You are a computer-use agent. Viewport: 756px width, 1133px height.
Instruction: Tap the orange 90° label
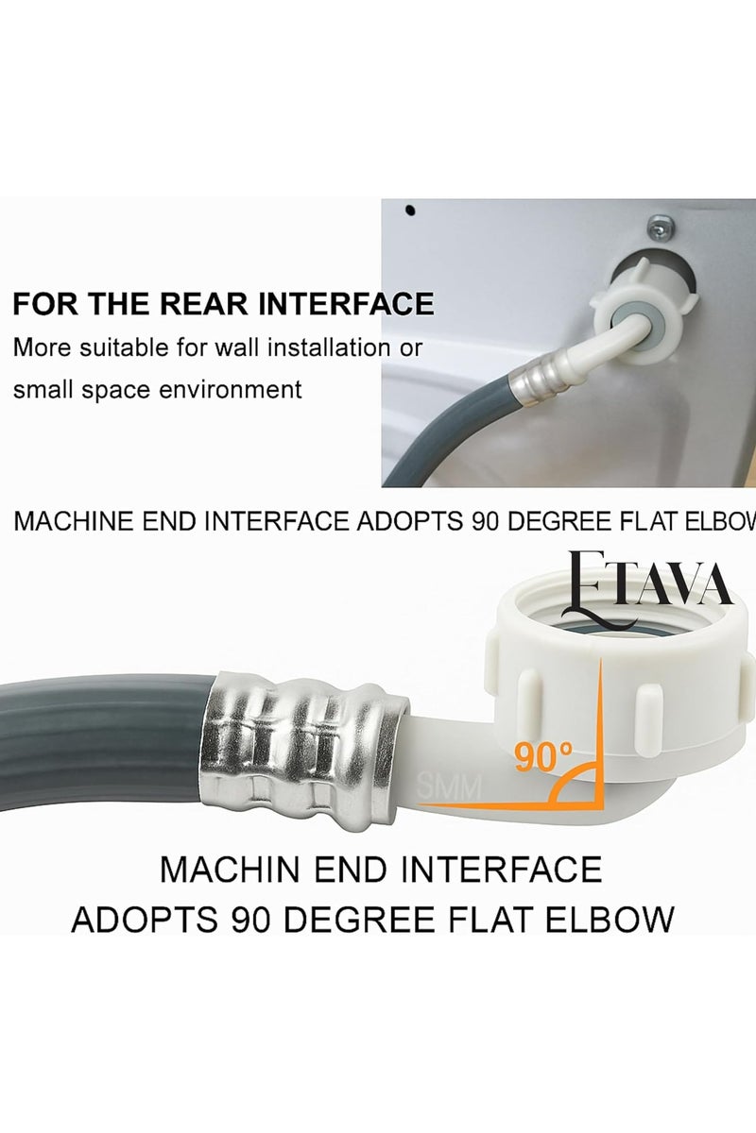[543, 755]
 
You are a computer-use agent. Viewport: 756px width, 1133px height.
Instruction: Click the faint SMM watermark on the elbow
[449, 784]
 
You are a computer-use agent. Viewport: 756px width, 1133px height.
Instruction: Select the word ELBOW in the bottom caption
[612, 919]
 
